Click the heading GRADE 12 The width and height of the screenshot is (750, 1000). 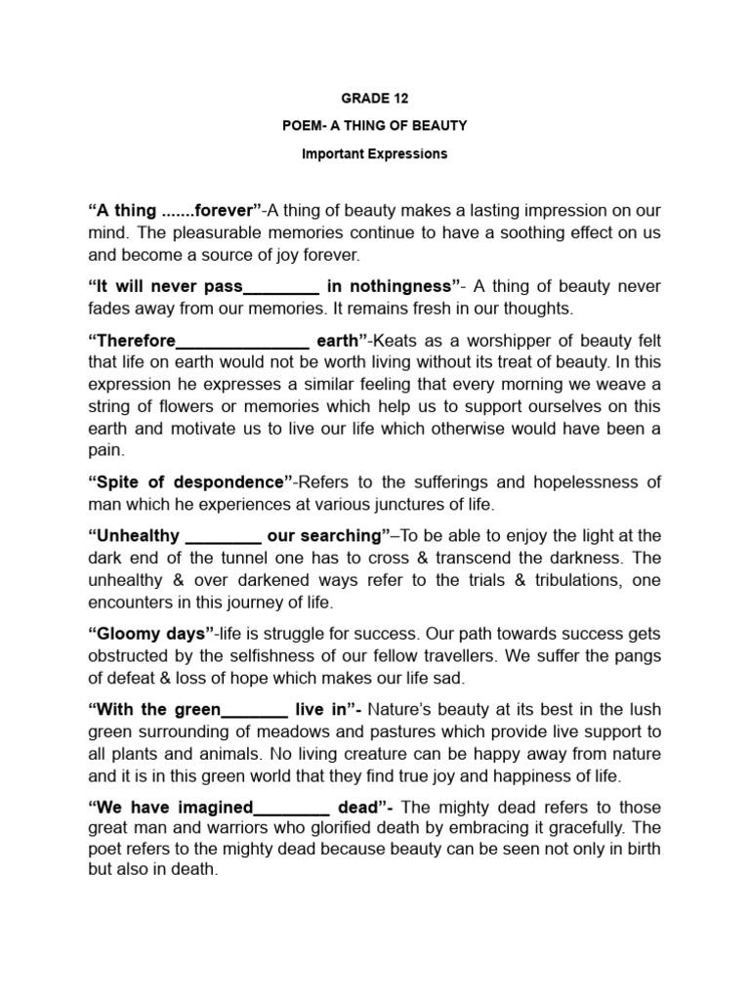pos(374,99)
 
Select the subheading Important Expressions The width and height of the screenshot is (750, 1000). pos(374,153)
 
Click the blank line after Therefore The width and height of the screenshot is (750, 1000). pos(241,342)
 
